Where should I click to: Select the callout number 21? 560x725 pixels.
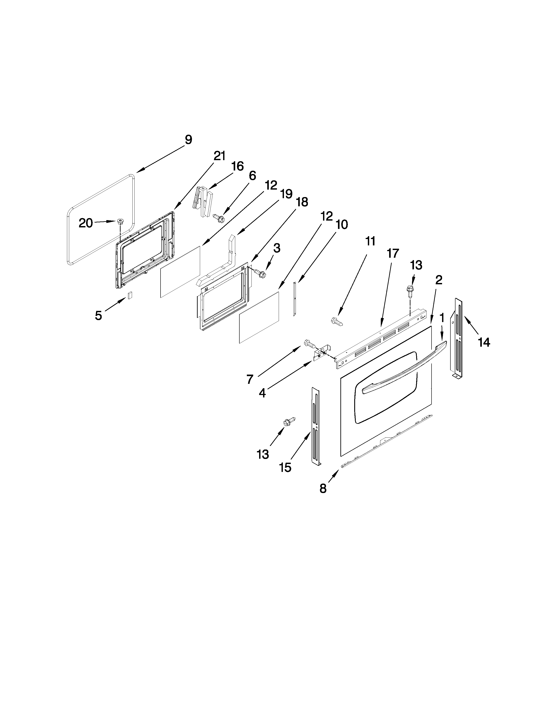pos(219,156)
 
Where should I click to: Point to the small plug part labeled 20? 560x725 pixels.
pos(119,221)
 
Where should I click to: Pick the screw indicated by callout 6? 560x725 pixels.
pos(219,218)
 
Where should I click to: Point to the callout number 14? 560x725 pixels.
pos(484,342)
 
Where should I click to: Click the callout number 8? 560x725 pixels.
pos(323,488)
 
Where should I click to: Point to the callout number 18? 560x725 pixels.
pos(302,202)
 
